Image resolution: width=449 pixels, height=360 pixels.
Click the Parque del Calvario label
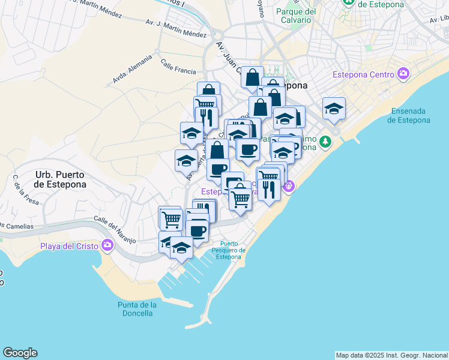pos(296,16)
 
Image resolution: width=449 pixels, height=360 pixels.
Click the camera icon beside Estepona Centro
pos(403,74)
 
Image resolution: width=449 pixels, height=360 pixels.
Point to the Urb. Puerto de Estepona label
pos(60,179)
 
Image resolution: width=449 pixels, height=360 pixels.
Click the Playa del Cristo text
pos(69,245)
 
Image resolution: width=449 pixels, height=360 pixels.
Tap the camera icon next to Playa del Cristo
pos(107,245)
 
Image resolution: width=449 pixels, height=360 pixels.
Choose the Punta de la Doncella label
pos(137,309)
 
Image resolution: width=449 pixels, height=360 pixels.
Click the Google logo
pos(20,353)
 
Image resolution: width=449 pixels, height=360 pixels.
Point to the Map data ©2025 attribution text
pos(391,355)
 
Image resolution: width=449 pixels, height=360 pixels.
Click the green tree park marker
pos(325,142)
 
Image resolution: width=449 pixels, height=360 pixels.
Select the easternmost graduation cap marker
pos(334,109)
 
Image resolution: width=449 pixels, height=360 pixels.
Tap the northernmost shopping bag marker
pos(253,77)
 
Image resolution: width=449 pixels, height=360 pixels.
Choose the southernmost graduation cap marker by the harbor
pos(181,247)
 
